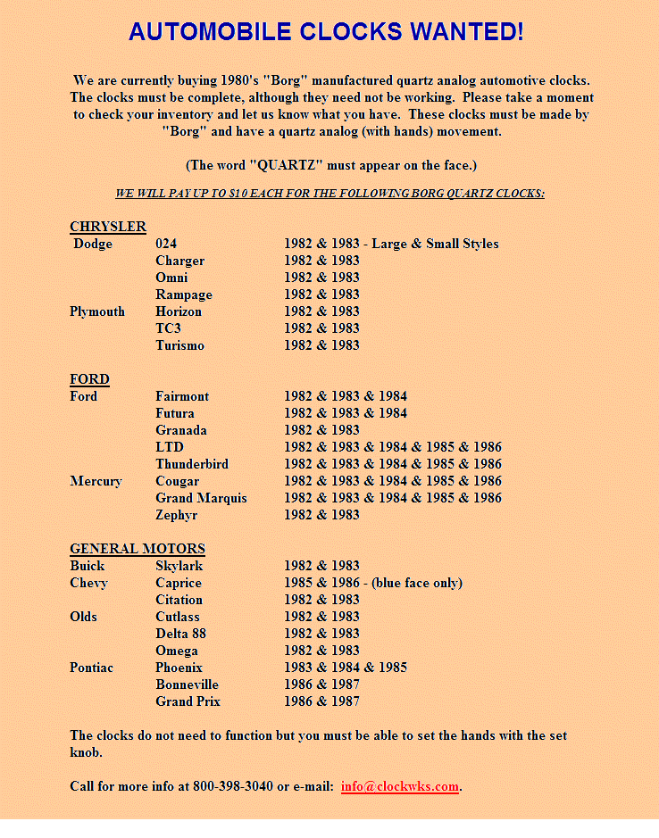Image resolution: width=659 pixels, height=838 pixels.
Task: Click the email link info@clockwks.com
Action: (x=400, y=786)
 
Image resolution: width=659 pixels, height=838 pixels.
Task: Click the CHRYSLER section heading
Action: (x=108, y=227)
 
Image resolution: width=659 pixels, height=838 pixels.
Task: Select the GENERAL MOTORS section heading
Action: (x=138, y=549)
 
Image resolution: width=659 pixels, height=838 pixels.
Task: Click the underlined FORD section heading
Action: (x=89, y=379)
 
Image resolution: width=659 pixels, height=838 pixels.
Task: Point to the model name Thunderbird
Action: (x=192, y=464)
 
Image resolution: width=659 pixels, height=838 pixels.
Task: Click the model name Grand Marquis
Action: (x=201, y=498)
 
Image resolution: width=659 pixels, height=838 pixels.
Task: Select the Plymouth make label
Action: (x=97, y=311)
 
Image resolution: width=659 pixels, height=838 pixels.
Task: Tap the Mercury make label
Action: (x=96, y=481)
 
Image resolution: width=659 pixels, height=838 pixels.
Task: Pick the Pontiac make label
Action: (x=92, y=668)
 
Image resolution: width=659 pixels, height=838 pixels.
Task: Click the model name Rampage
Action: (x=184, y=295)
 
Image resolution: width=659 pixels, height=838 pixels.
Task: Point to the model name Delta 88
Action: (x=180, y=634)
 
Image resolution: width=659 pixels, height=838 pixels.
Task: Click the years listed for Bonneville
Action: (x=321, y=685)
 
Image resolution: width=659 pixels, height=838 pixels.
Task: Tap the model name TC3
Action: (x=168, y=328)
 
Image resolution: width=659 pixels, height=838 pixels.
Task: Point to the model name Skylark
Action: (x=179, y=566)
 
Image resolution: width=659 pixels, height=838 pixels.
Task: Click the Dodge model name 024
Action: (x=166, y=244)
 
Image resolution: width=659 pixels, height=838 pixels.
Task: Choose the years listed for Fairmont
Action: (x=346, y=396)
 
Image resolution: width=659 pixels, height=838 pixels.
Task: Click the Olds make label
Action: (x=84, y=617)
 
